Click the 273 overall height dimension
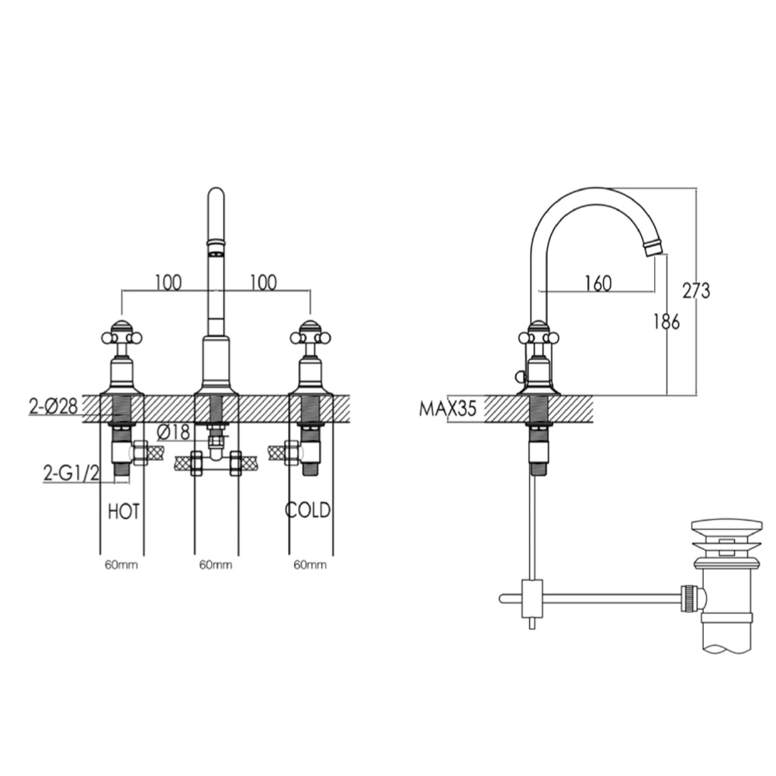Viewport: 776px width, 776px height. pyautogui.click(x=696, y=291)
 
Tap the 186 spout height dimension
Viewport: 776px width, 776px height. pyautogui.click(x=665, y=320)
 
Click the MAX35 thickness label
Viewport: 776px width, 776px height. pyautogui.click(x=448, y=408)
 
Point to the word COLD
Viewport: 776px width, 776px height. pyautogui.click(x=308, y=511)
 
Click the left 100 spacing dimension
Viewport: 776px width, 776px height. pyautogui.click(x=168, y=282)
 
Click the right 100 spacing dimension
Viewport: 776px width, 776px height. pyautogui.click(x=263, y=282)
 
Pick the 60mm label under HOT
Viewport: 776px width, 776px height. pyautogui.click(x=123, y=565)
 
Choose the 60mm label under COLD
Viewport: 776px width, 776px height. pyautogui.click(x=310, y=565)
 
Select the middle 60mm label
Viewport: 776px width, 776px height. pyautogui.click(x=216, y=565)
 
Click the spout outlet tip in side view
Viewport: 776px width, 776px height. pyautogui.click(x=653, y=248)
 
